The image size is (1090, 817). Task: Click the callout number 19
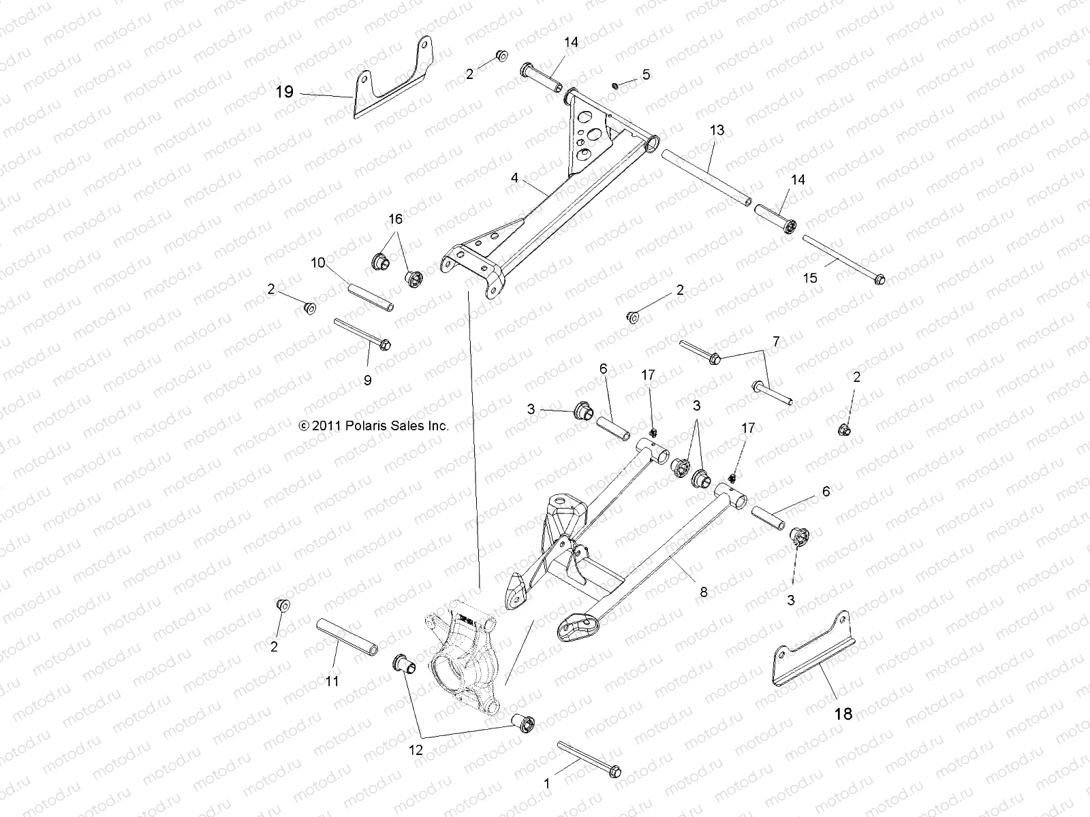click(x=284, y=92)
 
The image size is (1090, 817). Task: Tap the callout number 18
click(x=843, y=714)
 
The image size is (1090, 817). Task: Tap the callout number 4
click(x=514, y=178)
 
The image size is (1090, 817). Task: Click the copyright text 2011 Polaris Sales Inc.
click(x=373, y=426)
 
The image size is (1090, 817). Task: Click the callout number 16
click(x=395, y=219)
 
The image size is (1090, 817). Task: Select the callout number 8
click(x=703, y=593)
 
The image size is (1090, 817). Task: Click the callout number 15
click(x=810, y=278)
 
